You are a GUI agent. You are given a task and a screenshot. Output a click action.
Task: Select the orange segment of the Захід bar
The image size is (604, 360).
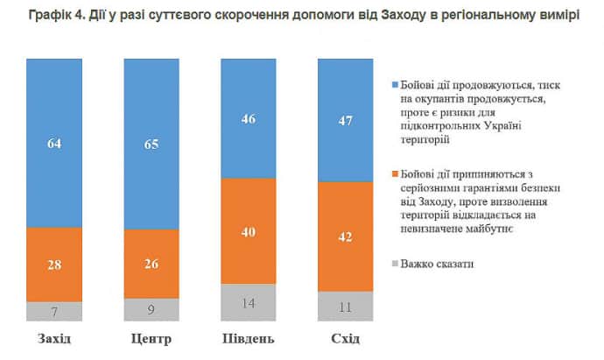[54, 265]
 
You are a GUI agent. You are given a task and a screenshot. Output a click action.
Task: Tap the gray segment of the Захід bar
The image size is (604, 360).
[54, 312]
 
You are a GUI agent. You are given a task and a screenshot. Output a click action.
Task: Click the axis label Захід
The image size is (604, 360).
[54, 339]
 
